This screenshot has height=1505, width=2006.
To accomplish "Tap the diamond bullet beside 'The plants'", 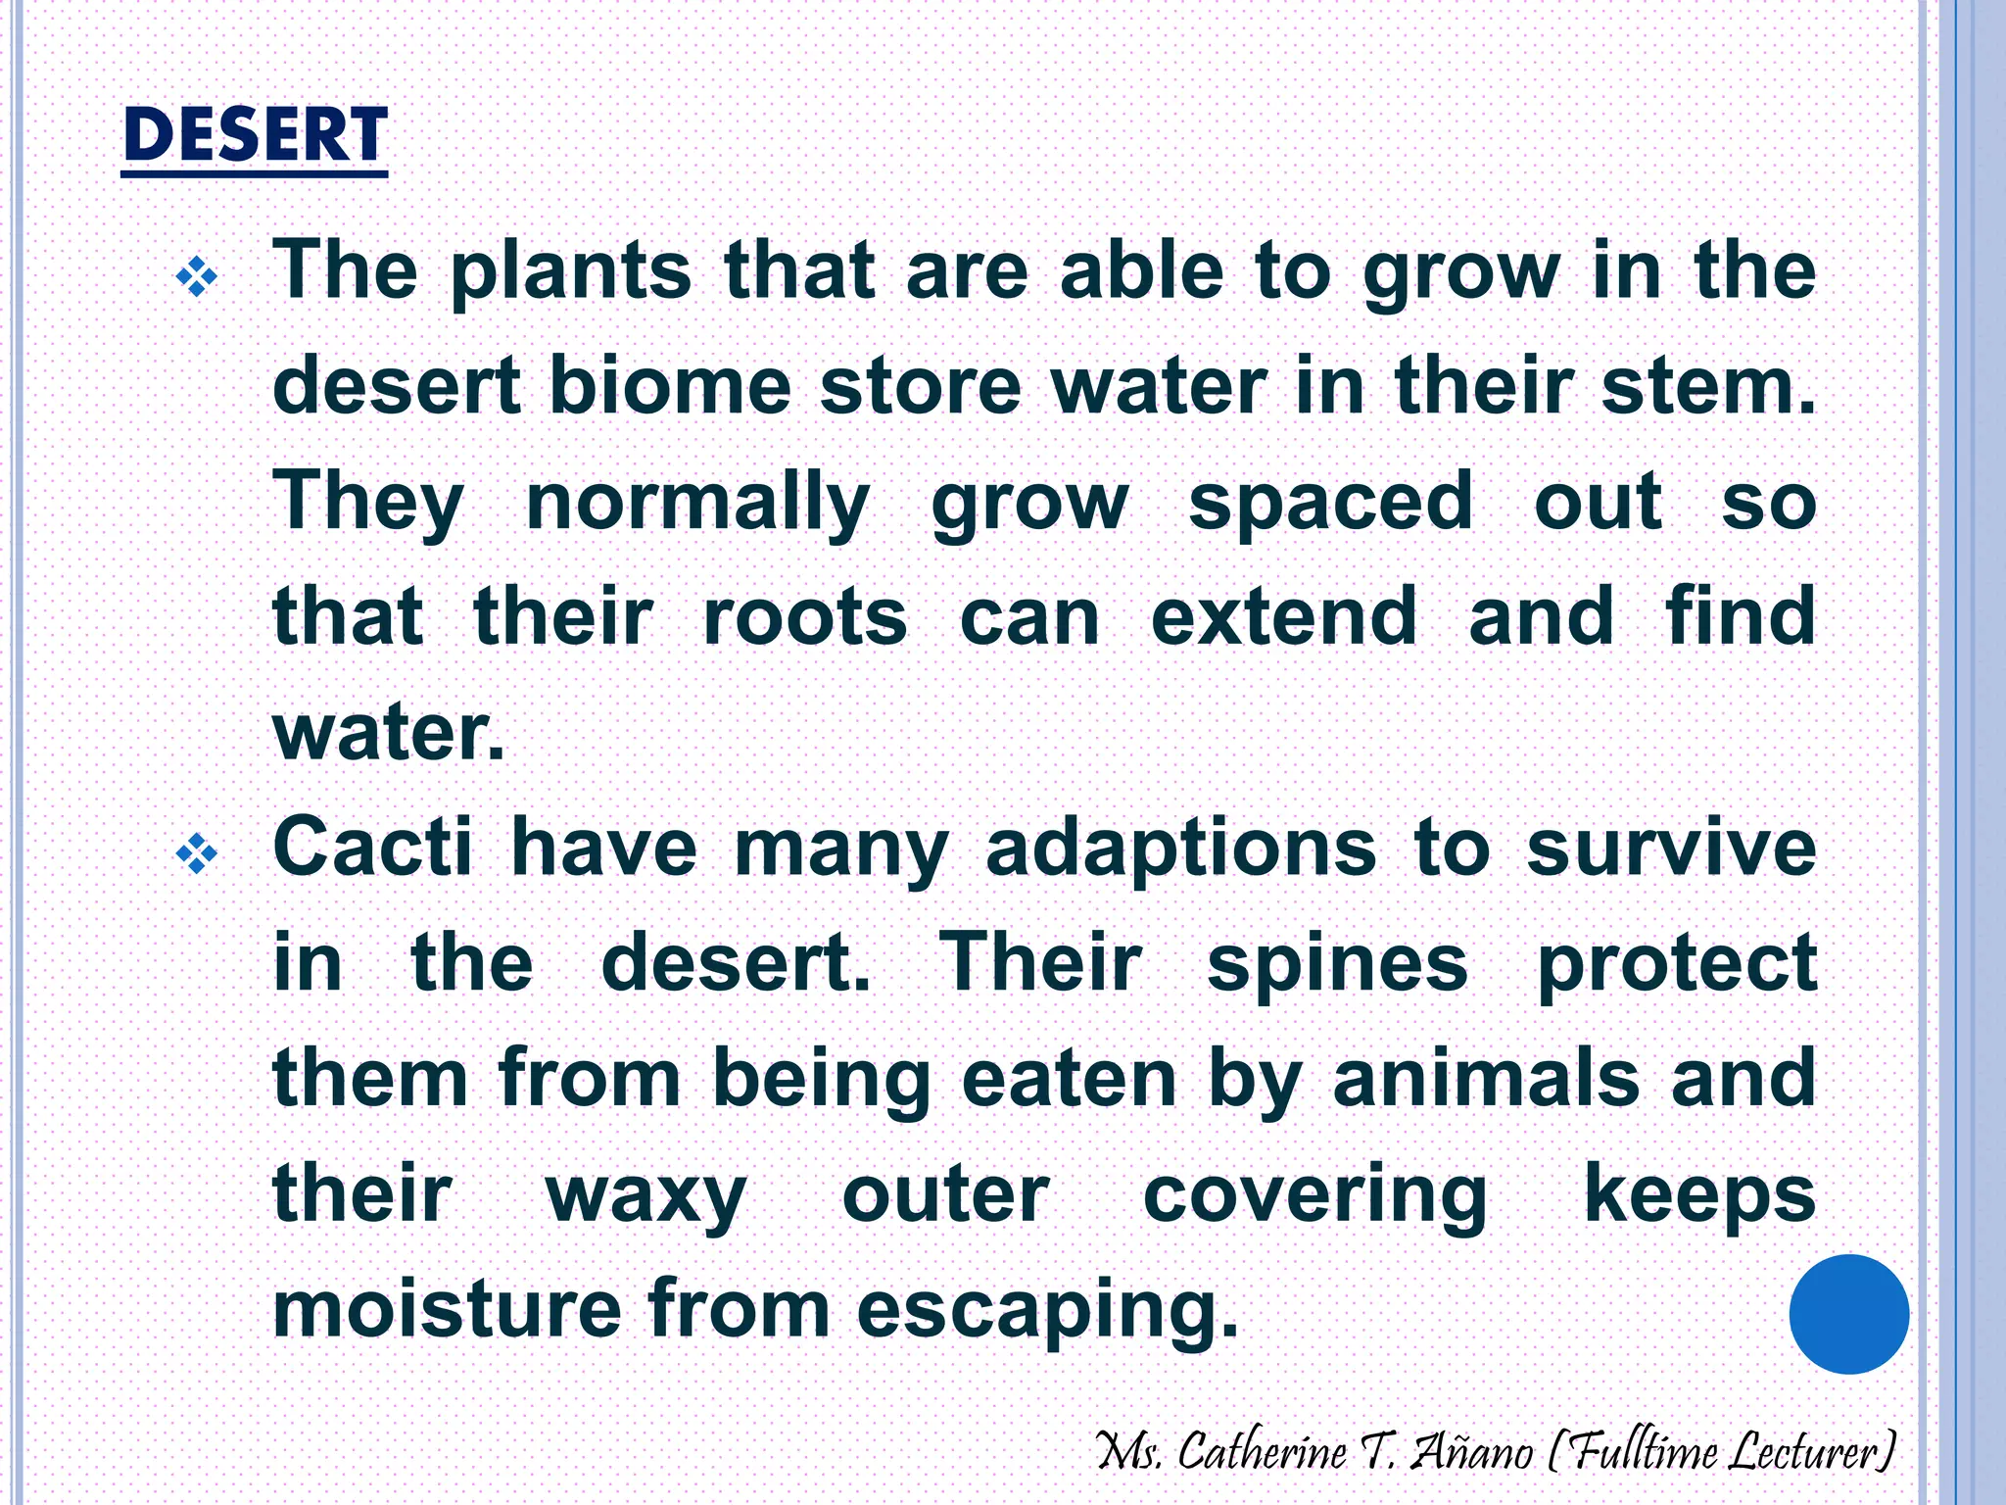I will pyautogui.click(x=197, y=276).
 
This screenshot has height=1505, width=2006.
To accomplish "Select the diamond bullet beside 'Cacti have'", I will pyautogui.click(x=197, y=853).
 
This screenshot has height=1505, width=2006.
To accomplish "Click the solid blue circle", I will pyautogui.click(x=1848, y=1314).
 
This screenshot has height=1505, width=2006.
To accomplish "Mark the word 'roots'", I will pyautogui.click(x=805, y=617).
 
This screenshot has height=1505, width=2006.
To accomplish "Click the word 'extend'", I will pyautogui.click(x=1283, y=617).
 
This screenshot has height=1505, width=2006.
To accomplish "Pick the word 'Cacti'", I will pyautogui.click(x=372, y=848).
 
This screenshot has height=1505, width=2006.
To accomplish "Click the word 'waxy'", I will pyautogui.click(x=645, y=1195).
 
